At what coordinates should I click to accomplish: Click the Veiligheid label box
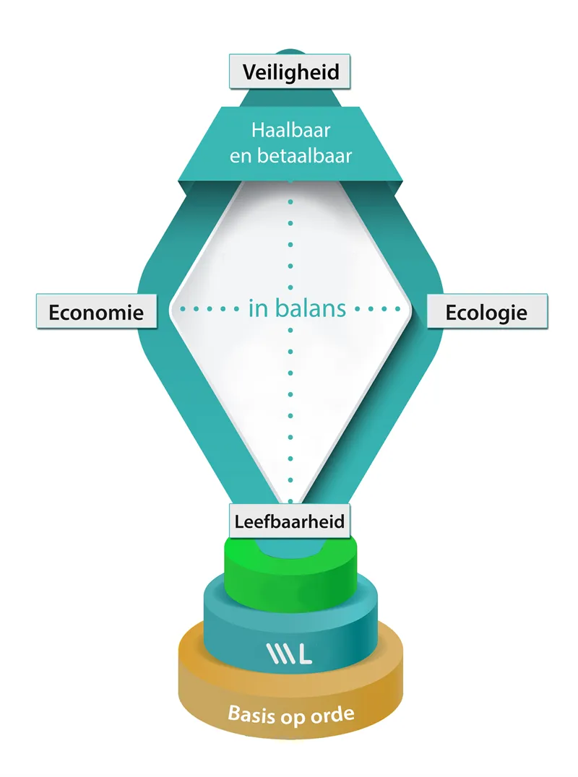pos(290,72)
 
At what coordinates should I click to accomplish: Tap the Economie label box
pos(96,312)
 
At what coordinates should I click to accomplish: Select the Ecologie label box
pos(486,312)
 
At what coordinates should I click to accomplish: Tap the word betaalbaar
pos(303,155)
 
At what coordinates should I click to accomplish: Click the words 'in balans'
pos(297,308)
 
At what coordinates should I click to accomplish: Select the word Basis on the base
pos(250,714)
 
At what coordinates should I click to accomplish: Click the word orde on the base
pos(334,715)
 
